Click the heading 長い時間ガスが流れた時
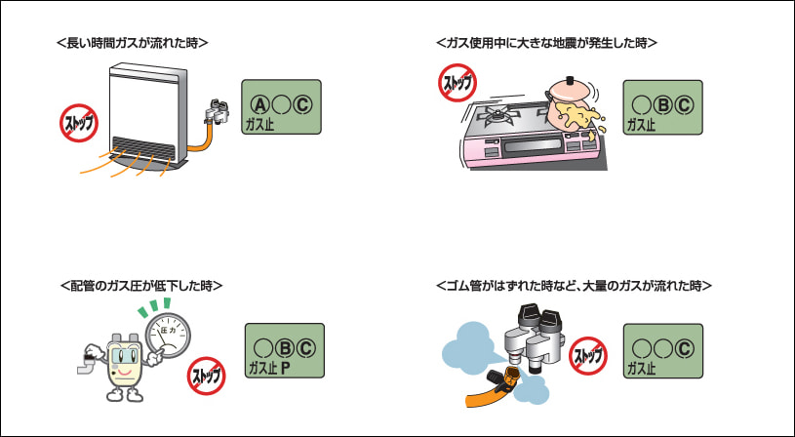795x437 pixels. pos(133,44)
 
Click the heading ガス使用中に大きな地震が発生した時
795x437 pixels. pos(546,44)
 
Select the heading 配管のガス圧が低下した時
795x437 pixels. pos(141,286)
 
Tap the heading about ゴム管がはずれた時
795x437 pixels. pos(575,286)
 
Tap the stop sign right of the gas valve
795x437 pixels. pos(588,355)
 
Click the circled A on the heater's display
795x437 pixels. pos(258,105)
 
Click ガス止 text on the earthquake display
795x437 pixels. pos(642,125)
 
